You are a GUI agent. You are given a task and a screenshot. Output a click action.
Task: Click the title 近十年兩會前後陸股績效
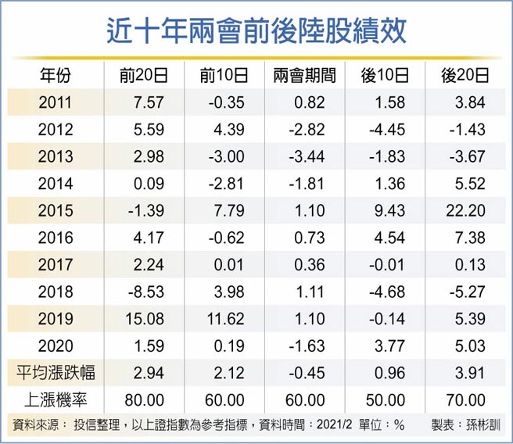tap(256, 31)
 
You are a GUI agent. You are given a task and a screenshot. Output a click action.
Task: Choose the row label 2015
tap(56, 211)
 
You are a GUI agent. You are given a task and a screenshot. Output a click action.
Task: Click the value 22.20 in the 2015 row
tap(470, 211)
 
